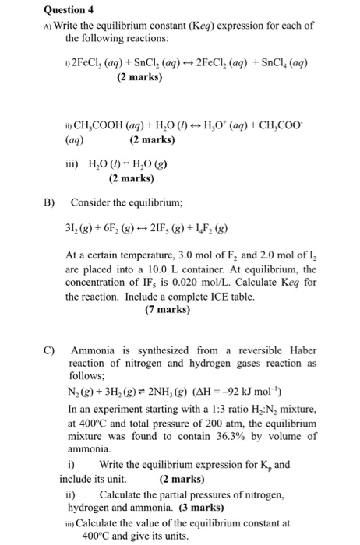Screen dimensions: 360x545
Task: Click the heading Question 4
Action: [33, 10]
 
